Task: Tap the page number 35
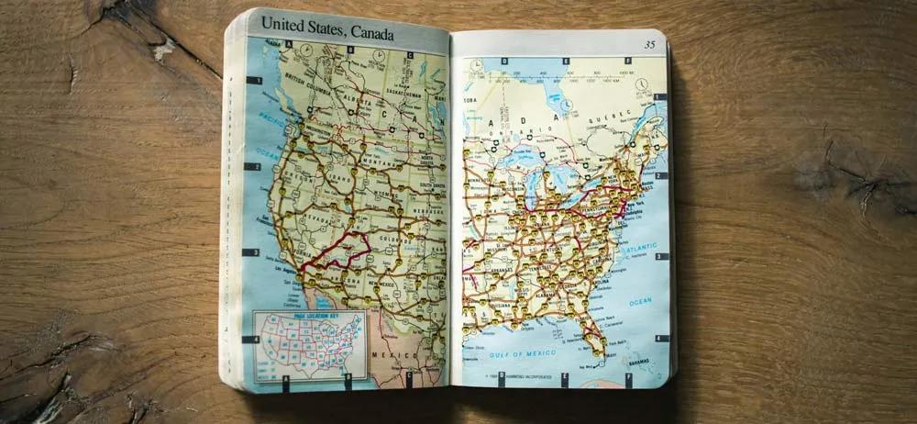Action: (649, 43)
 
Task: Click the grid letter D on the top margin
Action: (503, 62)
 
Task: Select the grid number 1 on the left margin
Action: (258, 81)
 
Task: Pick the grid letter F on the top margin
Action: (629, 62)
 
